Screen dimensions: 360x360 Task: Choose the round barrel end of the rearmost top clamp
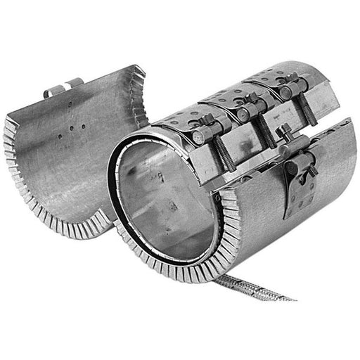[x=285, y=92]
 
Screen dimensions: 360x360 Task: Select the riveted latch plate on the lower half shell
[x=295, y=193]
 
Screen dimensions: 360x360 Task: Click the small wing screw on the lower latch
[x=310, y=169]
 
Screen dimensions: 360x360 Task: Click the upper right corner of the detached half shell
[x=141, y=70]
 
